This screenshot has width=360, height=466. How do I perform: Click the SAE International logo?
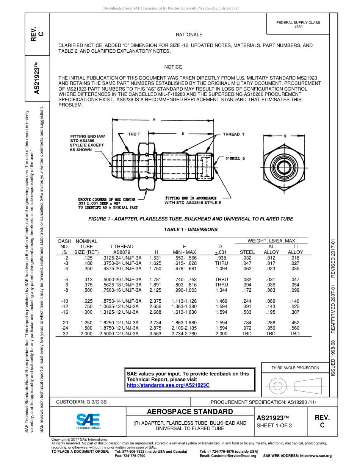click(x=88, y=421)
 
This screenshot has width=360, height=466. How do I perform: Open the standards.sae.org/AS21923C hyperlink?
click(x=168, y=385)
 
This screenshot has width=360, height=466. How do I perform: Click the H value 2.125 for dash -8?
click(x=155, y=290)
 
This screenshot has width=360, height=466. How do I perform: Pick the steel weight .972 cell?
click(x=247, y=328)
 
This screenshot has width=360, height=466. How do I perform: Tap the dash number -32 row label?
click(x=65, y=334)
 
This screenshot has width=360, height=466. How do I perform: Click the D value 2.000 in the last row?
click(x=221, y=334)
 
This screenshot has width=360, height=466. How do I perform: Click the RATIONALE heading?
click(x=189, y=35)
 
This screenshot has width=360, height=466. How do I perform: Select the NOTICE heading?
click(x=173, y=67)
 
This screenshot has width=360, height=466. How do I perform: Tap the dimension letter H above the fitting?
click(x=154, y=120)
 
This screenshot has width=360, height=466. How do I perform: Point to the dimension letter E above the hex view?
click(x=285, y=135)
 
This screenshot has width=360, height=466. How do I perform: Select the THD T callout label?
click(x=134, y=134)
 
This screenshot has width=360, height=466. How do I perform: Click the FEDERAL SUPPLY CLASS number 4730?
click(x=298, y=27)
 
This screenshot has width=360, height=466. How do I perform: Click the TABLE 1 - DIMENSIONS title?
click(x=191, y=230)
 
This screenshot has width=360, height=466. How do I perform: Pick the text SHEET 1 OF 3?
click(x=274, y=425)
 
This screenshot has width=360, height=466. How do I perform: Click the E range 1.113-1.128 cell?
click(x=184, y=301)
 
